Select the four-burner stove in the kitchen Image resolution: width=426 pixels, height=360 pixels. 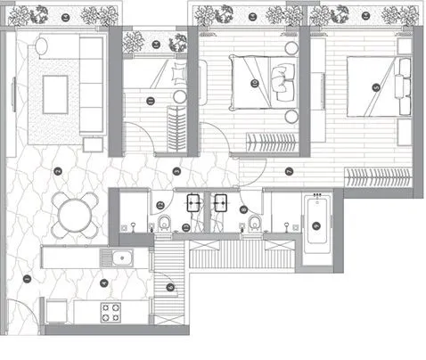111,313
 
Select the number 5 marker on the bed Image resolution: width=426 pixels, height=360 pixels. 375,87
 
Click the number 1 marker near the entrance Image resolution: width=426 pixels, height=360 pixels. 26,279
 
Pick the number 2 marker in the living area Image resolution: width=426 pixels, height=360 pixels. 56,171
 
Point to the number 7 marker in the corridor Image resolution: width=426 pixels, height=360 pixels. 289,171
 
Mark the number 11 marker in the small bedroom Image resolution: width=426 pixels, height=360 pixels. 149,102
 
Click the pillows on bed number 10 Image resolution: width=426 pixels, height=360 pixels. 281,78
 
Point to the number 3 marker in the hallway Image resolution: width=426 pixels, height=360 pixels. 177,171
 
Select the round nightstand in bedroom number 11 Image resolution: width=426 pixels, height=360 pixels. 179,96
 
